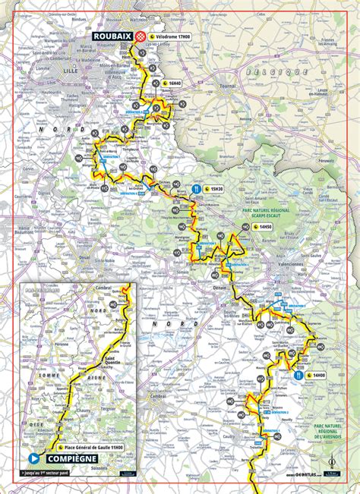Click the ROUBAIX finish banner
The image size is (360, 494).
(x=111, y=36)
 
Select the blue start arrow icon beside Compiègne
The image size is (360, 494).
(x=33, y=458)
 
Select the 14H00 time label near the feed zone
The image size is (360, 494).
(x=317, y=375)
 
